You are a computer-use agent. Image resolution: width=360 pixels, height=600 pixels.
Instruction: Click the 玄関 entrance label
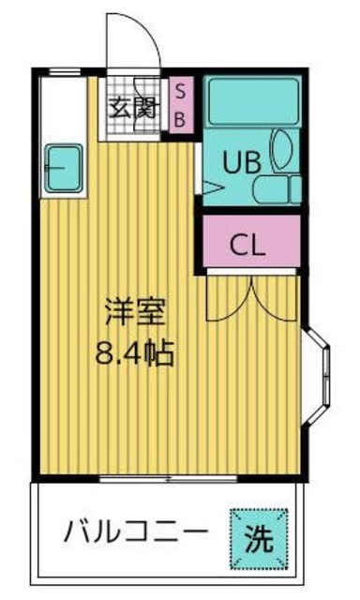coord(133,109)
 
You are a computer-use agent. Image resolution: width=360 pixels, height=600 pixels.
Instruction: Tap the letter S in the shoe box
coord(181,92)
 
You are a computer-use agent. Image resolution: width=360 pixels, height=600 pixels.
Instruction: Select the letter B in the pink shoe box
coord(180,120)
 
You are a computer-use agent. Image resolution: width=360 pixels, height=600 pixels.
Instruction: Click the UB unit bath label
coord(242,162)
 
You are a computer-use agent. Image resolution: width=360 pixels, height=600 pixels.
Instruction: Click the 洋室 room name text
coord(135,312)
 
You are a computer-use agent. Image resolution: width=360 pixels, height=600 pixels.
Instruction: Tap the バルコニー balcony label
coord(136,532)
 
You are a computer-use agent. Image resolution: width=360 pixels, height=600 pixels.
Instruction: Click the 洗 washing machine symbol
coord(259,538)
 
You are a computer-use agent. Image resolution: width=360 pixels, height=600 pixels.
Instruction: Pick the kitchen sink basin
coord(65,168)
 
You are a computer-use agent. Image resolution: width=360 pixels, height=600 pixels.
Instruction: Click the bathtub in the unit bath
coord(253,101)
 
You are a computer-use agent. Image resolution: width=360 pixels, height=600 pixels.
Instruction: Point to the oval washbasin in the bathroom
coord(282,149)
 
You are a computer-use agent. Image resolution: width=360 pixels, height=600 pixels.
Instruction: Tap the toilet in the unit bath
coord(277,189)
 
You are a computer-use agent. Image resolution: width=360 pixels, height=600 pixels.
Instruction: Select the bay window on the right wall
coord(318,376)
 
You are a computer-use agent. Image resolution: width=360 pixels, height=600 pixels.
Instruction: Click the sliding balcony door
coord(169,478)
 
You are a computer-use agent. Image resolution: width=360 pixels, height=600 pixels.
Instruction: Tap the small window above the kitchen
coord(65,71)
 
